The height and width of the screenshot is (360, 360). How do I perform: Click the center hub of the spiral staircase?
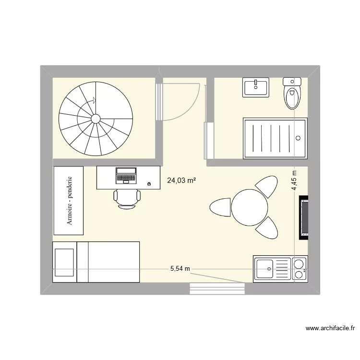pyautogui.click(x=95, y=118)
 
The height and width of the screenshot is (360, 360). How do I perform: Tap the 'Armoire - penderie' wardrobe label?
pyautogui.click(x=70, y=201)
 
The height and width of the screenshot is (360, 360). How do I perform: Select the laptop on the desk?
pyautogui.click(x=126, y=176)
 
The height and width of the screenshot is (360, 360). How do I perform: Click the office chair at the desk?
pyautogui.click(x=127, y=197)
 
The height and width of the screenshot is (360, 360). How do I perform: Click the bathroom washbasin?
pyautogui.click(x=256, y=87)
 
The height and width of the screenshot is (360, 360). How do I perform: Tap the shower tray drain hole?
pyautogui.click(x=299, y=138)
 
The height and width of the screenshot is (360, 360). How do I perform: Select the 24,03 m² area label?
pyautogui.click(x=181, y=180)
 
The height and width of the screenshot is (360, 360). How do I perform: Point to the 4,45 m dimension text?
pyautogui.click(x=294, y=181)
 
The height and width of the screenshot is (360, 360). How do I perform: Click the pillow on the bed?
pyautogui.click(x=64, y=262)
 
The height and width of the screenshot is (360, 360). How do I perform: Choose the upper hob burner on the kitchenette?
pyautogui.click(x=299, y=264)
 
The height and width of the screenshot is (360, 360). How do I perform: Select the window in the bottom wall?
pyautogui.click(x=218, y=288)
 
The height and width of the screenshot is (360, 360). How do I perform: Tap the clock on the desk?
pyautogui.click(x=149, y=184)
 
